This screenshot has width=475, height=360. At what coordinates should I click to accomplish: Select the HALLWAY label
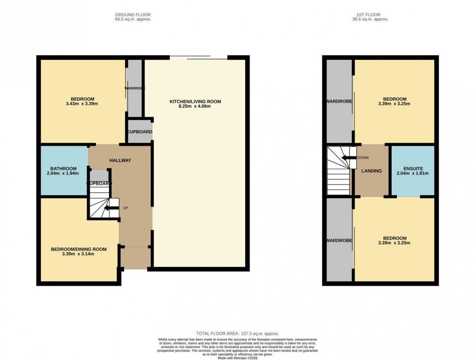(x=120, y=160)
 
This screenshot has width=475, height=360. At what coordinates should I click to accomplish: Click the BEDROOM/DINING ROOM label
(x=79, y=249)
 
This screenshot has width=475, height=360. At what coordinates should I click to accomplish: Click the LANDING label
(x=372, y=171)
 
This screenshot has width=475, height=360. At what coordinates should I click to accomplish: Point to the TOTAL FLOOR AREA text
(x=237, y=334)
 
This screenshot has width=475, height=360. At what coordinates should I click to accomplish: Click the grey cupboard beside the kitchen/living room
(x=140, y=132)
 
